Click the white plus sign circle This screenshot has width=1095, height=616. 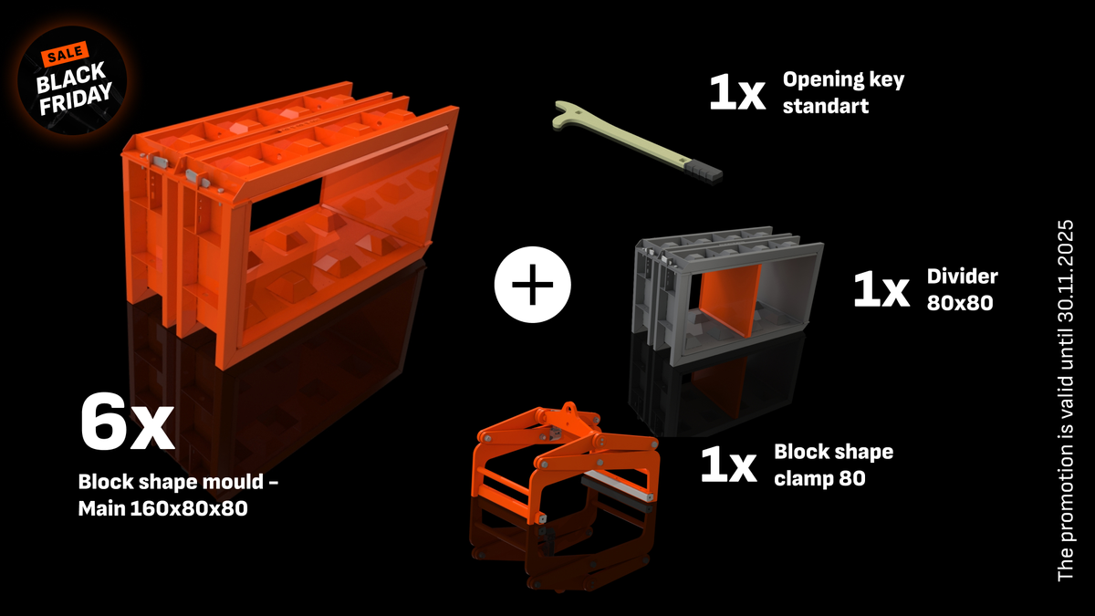532,286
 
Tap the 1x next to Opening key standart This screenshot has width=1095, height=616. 737,93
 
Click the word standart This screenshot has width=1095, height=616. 826,105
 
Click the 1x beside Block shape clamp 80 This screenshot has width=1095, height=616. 728,465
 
